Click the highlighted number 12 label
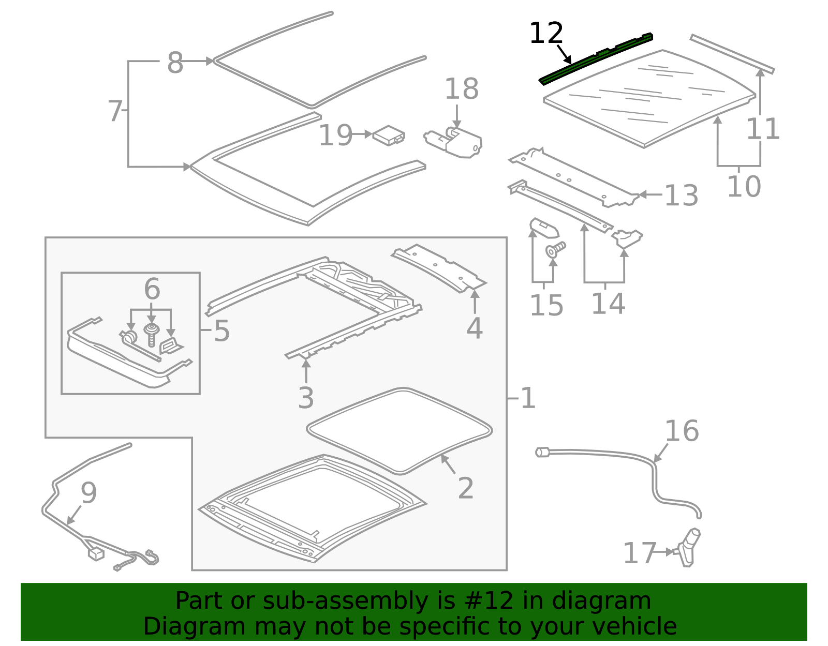[546, 34]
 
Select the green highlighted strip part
[595, 58]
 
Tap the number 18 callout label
[461, 89]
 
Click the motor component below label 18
[458, 142]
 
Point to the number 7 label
[115, 111]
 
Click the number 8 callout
[175, 63]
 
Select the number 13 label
[681, 196]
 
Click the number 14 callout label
[608, 304]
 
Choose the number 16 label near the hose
[682, 431]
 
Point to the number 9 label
[88, 493]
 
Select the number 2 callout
[465, 488]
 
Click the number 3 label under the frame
[306, 398]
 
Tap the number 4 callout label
[474, 328]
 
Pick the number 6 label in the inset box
[152, 289]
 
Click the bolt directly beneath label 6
[151, 335]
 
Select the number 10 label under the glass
[744, 187]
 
